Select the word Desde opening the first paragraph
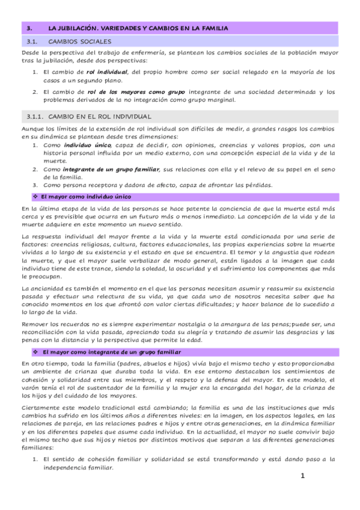(31, 54)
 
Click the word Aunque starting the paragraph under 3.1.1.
(32, 129)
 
